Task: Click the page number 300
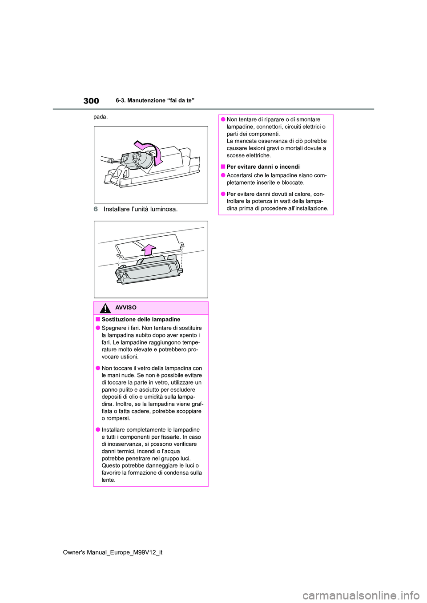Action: pyautogui.click(x=91, y=101)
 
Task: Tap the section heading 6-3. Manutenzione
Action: pyautogui.click(x=155, y=101)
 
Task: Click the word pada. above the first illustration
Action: pyautogui.click(x=101, y=117)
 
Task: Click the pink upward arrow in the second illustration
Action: pyautogui.click(x=149, y=250)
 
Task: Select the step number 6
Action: pyautogui.click(x=96, y=209)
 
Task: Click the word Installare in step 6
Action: pyautogui.click(x=118, y=209)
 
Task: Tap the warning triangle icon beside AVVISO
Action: pyautogui.click(x=105, y=308)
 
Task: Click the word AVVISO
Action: pyautogui.click(x=126, y=308)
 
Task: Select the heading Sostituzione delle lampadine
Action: pyautogui.click(x=141, y=319)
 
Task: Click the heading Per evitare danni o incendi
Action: pyautogui.click(x=263, y=167)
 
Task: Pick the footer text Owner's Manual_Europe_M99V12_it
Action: pyautogui.click(x=113, y=552)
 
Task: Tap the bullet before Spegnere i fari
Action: pyautogui.click(x=97, y=328)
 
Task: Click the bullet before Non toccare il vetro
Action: pyautogui.click(x=97, y=368)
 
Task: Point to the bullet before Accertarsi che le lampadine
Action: pyautogui.click(x=222, y=175)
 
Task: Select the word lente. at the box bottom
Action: pyautogui.click(x=109, y=480)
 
